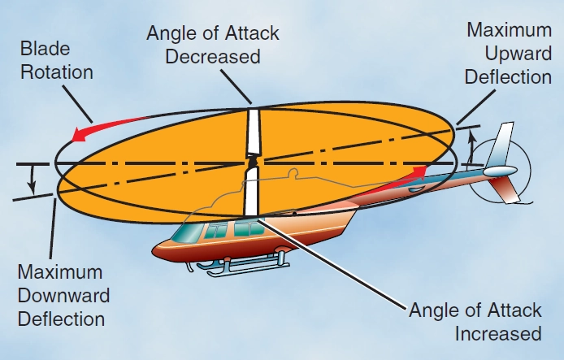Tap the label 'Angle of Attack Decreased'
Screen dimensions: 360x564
click(213, 45)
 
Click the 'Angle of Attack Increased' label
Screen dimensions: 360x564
click(474, 322)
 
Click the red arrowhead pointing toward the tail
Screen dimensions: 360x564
click(419, 169)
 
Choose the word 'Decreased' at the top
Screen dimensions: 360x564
click(213, 56)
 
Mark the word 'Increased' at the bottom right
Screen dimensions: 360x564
click(497, 333)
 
